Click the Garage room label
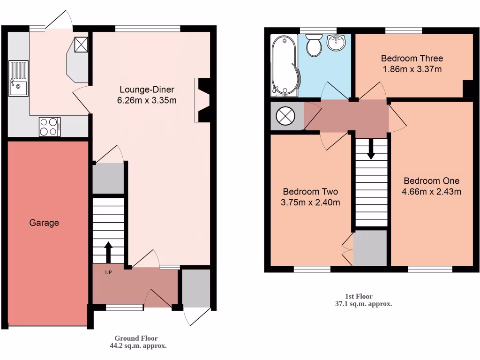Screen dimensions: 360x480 click(45, 223)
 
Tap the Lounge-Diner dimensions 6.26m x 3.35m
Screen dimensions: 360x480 click(147, 100)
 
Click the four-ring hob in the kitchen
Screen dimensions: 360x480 click(49, 126)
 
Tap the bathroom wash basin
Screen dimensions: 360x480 click(336, 43)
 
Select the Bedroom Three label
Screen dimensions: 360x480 click(412, 59)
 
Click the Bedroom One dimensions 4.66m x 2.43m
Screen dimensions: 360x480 click(432, 191)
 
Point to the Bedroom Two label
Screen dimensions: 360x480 click(310, 192)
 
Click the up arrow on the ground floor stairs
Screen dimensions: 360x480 click(108, 252)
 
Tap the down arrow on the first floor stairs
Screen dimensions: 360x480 click(371, 149)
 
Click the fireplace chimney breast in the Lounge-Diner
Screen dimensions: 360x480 click(203, 100)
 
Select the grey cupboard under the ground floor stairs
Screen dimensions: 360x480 click(108, 178)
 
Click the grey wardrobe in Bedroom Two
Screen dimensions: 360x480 click(370, 247)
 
